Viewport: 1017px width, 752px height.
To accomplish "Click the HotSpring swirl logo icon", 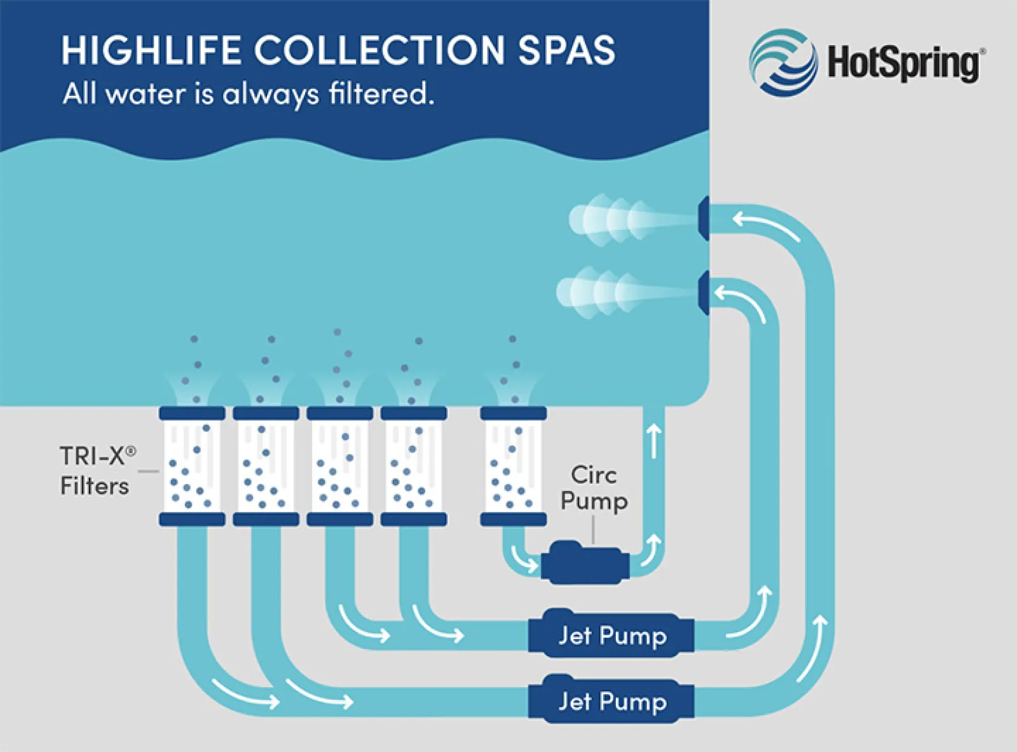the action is pyautogui.click(x=783, y=63).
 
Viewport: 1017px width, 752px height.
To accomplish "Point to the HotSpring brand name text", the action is pyautogui.click(x=903, y=64).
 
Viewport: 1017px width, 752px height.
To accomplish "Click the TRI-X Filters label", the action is pyautogui.click(x=98, y=470).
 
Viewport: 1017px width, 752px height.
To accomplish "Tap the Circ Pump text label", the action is pyautogui.click(x=594, y=488).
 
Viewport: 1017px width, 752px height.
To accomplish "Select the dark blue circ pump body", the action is pyautogui.click(x=585, y=562).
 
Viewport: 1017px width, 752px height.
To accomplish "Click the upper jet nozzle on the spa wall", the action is pyautogui.click(x=704, y=218).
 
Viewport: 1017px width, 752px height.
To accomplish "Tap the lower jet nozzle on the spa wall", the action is pyautogui.click(x=704, y=292).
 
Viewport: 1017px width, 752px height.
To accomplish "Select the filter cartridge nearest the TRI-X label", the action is pyautogui.click(x=192, y=466).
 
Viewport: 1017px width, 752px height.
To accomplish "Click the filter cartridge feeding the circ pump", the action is pyautogui.click(x=514, y=466).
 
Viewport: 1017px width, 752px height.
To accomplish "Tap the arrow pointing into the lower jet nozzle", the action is pyautogui.click(x=739, y=303).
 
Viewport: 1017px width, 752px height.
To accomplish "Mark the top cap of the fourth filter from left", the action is pyautogui.click(x=414, y=413).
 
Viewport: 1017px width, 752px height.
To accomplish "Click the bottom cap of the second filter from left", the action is pyautogui.click(x=266, y=519).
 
